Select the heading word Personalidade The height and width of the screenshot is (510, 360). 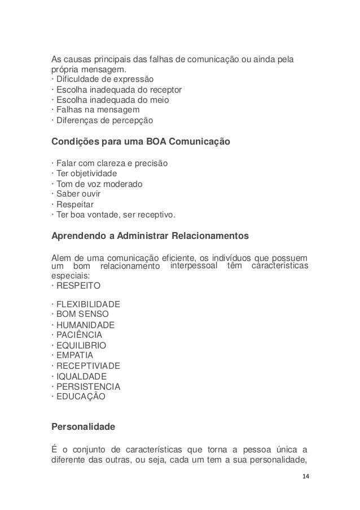84,428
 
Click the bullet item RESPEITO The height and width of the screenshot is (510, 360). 77,286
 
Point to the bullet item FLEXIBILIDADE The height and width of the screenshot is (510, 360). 88,304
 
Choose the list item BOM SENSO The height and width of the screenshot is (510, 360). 82,314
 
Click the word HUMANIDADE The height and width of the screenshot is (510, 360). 85,325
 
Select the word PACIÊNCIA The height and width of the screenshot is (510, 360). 79,335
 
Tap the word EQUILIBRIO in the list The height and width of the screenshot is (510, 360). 81,345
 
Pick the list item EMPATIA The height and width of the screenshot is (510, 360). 73,355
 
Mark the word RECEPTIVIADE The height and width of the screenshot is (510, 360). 88,366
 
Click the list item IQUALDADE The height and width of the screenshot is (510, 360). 81,376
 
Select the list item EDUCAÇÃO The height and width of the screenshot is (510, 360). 80,397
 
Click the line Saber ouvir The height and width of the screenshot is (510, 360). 77,194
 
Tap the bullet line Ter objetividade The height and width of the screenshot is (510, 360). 86,173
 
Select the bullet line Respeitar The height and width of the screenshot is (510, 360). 74,204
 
